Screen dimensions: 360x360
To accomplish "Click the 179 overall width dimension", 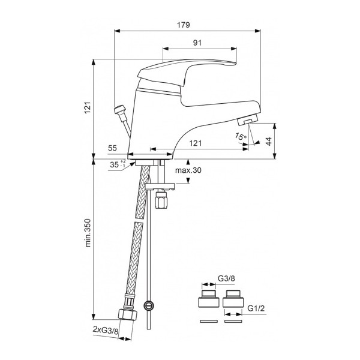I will coord(184,25).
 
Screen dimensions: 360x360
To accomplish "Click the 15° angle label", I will coord(241,137).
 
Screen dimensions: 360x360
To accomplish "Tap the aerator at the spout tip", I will coord(250,121).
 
